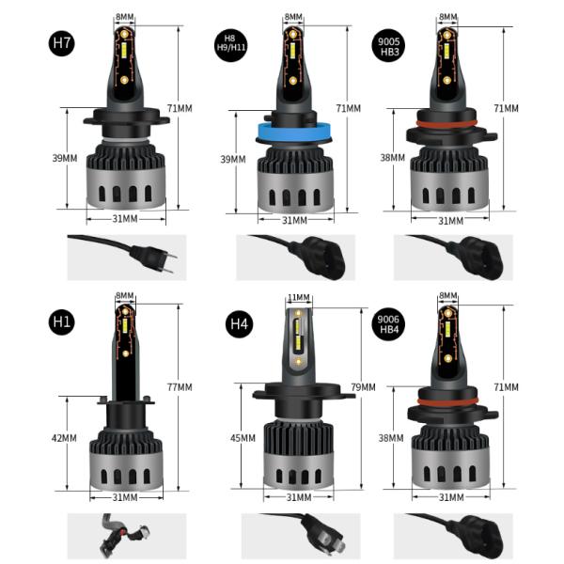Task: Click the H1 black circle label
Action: [63, 321]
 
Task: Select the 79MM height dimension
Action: [361, 387]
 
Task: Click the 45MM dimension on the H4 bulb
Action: [242, 438]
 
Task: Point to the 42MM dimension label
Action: [65, 438]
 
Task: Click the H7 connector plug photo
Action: [127, 257]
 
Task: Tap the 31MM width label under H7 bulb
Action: [124, 219]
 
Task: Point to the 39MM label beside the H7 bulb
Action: [65, 158]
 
